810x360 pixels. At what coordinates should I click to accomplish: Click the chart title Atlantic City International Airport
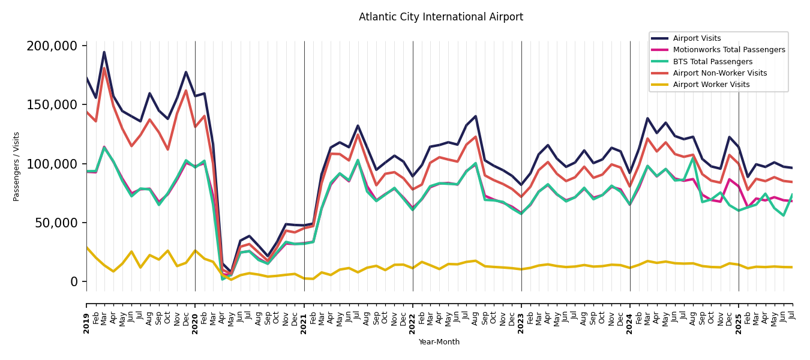point(441,17)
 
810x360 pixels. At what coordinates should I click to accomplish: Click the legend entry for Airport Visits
point(697,38)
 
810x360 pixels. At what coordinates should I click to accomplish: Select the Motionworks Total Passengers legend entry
point(728,50)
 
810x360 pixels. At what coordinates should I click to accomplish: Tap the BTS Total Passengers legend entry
point(712,62)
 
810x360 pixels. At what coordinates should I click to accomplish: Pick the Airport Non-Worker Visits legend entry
point(719,73)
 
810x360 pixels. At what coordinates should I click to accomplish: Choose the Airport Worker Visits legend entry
point(711,85)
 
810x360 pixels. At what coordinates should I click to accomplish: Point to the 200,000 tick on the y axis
point(52,46)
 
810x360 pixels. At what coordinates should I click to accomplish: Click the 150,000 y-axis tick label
point(52,105)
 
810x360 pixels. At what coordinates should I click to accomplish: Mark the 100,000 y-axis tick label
point(52,164)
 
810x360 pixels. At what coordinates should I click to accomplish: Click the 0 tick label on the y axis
point(74,281)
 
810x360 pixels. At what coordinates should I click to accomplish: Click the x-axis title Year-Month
point(439,342)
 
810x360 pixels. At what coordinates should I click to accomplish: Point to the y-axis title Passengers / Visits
point(17,166)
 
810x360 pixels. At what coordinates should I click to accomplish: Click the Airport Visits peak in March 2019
point(104,52)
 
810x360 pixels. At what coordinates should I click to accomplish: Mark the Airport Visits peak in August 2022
point(475,116)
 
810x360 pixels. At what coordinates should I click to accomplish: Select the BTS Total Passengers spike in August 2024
point(693,158)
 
